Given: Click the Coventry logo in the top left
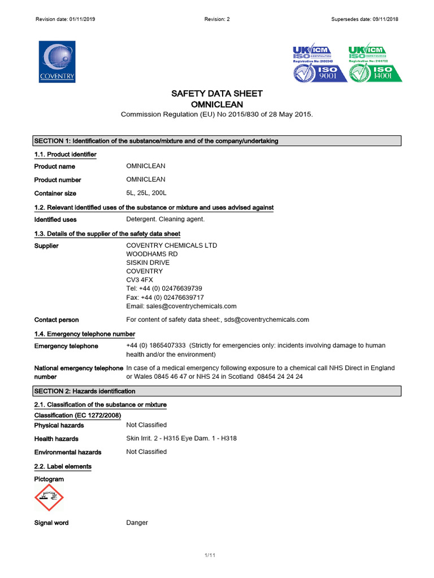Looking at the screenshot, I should pyautogui.click(x=57, y=62).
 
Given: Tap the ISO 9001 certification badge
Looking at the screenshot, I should pyautogui.click(x=320, y=64).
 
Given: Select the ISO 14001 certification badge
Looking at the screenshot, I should pyautogui.click(x=375, y=64).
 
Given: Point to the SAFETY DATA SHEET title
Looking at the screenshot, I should pyautogui.click(x=217, y=94).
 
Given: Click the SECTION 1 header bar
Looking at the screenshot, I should pyautogui.click(x=217, y=141).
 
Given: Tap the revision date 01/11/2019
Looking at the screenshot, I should pyautogui.click(x=66, y=19).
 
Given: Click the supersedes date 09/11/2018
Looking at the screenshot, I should pyautogui.click(x=364, y=19).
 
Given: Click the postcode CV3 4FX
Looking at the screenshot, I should pyautogui.click(x=139, y=280).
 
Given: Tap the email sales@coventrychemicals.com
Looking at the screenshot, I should pyautogui.click(x=181, y=306).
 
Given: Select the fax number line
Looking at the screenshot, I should pyautogui.click(x=165, y=297).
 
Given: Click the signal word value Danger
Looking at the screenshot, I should pyautogui.click(x=137, y=523).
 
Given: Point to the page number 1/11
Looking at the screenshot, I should pyautogui.click(x=210, y=556).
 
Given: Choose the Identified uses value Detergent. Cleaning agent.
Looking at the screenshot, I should pyautogui.click(x=165, y=220).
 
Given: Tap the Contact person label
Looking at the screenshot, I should pyautogui.click(x=57, y=320).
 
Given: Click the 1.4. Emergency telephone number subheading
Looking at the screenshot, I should pyautogui.click(x=84, y=334).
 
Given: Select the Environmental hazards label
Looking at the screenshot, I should pyautogui.click(x=68, y=452).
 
